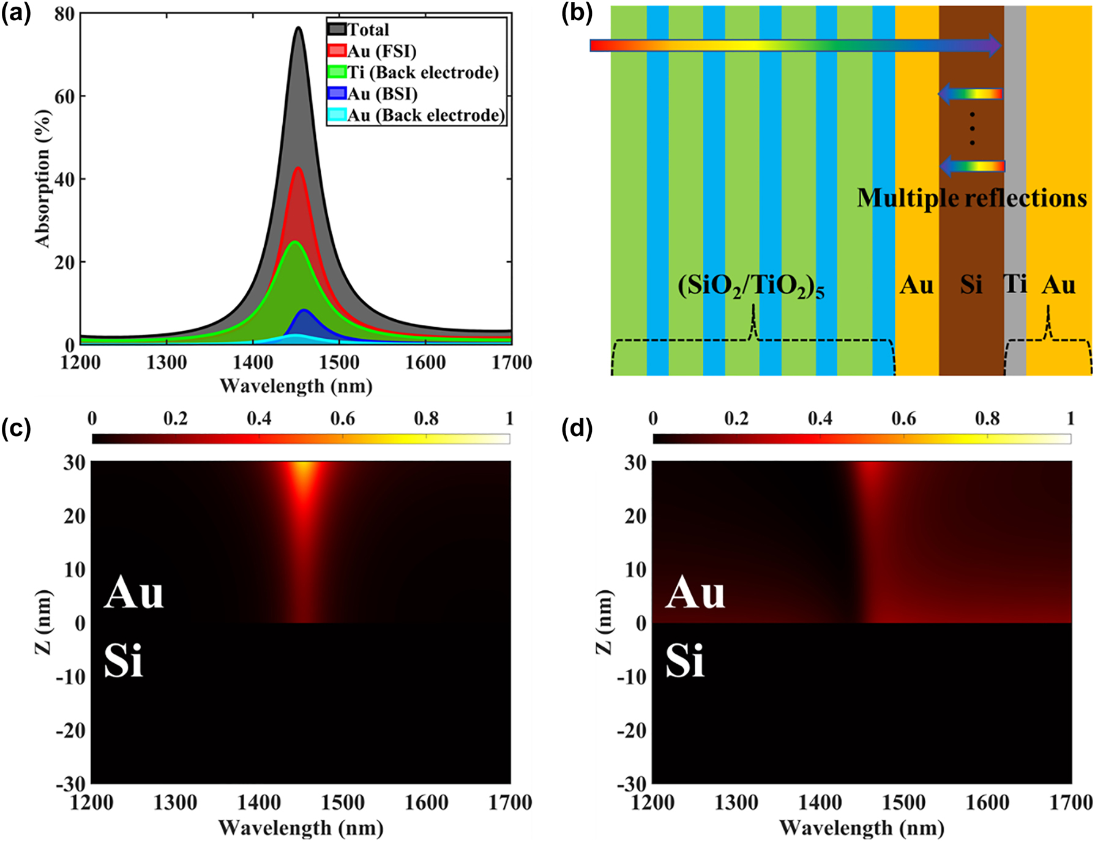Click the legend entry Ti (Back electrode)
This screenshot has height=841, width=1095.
(422, 73)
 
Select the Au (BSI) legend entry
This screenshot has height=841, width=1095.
(382, 94)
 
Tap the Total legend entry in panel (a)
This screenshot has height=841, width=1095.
(368, 30)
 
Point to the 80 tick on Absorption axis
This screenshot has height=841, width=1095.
(64, 14)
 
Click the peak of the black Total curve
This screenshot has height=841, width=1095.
(298, 28)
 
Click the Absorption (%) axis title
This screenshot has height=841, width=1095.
(42, 179)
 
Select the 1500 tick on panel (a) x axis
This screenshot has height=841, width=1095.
(339, 363)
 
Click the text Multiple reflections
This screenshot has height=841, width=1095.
(971, 198)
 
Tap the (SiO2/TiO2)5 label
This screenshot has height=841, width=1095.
(751, 286)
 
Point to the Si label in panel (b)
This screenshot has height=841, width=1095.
(971, 285)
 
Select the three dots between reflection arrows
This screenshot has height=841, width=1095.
(972, 129)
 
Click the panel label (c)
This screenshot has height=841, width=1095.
(17, 428)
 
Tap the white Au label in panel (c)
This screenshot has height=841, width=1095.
(134, 593)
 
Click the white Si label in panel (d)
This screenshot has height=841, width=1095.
(685, 662)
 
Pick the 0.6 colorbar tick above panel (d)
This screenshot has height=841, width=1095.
(903, 419)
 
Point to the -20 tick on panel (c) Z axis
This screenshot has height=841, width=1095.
(72, 730)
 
